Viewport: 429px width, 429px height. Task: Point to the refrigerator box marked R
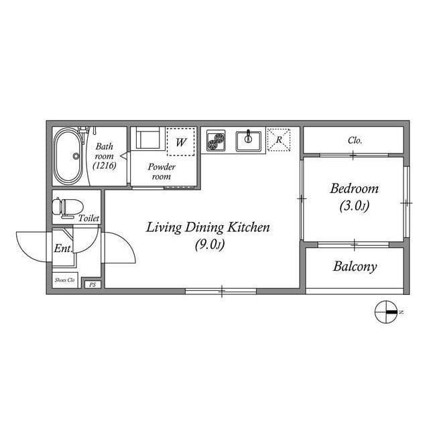[x=278, y=139]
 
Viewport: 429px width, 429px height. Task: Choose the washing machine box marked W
[x=181, y=141]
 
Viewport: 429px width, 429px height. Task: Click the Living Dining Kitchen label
[x=208, y=228]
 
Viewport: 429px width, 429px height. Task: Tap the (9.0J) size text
[x=208, y=245]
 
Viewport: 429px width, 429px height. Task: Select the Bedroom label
[x=354, y=189]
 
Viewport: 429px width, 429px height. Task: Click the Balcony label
[x=355, y=267]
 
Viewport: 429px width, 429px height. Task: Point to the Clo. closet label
[x=355, y=141]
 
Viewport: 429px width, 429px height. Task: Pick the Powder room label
[x=162, y=172]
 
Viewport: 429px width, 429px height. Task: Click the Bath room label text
[x=103, y=151]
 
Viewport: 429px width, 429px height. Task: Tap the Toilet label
[x=88, y=218]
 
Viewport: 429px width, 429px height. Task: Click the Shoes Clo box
[x=65, y=280]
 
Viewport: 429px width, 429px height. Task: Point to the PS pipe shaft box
[x=92, y=284]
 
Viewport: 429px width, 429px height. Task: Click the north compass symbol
[x=387, y=312]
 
